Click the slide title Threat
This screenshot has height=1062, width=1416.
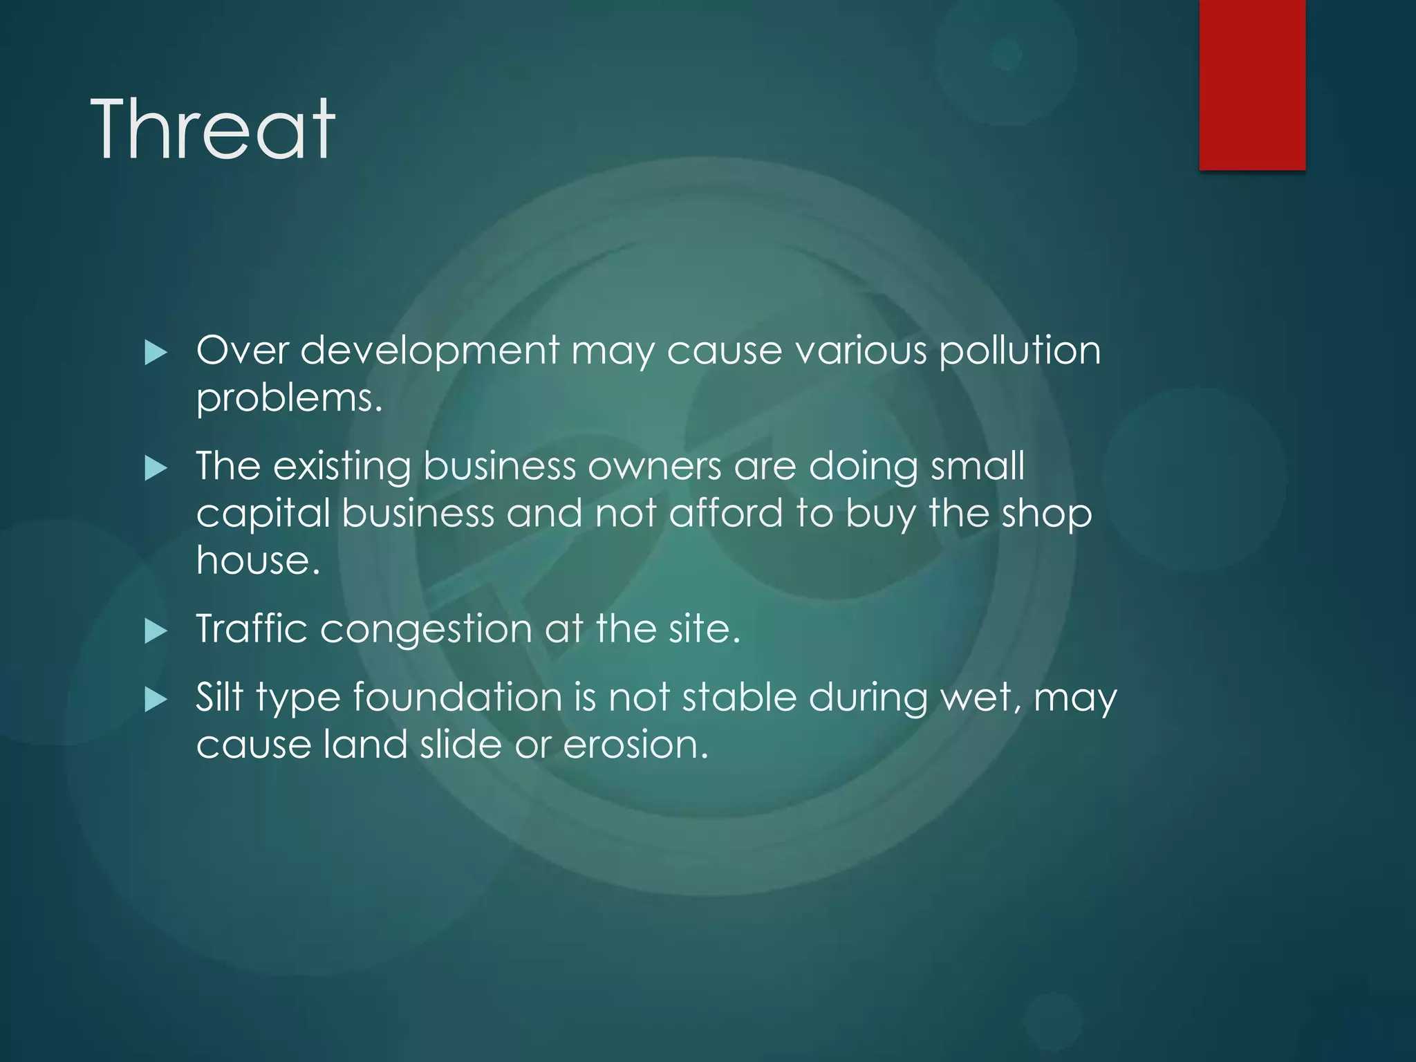click(x=212, y=129)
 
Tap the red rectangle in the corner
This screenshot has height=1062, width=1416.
click(x=1252, y=84)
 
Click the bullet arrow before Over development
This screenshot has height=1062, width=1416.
click(x=156, y=353)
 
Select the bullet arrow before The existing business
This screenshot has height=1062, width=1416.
click(x=156, y=469)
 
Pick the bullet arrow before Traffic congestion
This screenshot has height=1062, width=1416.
click(x=156, y=631)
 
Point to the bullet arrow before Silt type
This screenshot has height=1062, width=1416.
click(x=156, y=700)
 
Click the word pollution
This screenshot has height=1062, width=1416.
click(x=1019, y=351)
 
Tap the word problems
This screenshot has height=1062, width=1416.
click(x=289, y=399)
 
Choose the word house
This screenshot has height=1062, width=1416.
click(x=258, y=560)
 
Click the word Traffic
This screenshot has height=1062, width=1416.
click(x=252, y=628)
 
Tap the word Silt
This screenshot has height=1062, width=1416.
click(x=220, y=697)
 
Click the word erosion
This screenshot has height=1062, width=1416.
click(x=635, y=745)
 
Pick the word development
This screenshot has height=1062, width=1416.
click(x=429, y=351)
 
